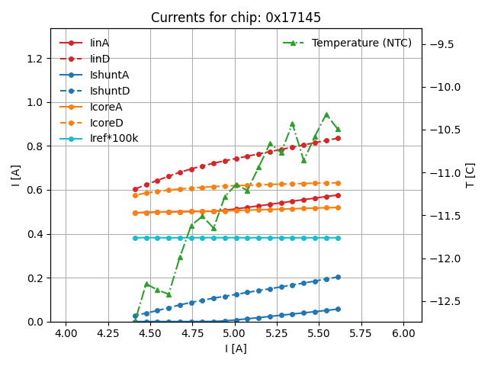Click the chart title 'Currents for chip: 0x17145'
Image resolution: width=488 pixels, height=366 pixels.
(x=236, y=18)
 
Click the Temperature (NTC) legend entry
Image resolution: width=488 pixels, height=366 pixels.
(x=361, y=43)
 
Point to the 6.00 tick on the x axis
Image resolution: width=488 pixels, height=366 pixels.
(x=404, y=333)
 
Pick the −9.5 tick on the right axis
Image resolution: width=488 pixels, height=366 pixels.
(x=440, y=44)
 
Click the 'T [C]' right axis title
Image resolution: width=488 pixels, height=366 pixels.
(x=470, y=175)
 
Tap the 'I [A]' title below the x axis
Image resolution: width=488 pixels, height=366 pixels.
(x=236, y=348)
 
